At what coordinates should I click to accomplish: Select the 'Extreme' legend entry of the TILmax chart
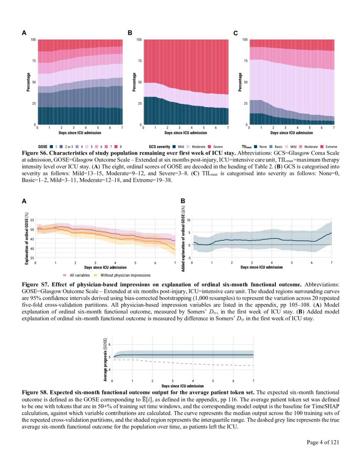pos(329,146)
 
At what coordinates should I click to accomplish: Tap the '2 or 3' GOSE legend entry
pos(67,146)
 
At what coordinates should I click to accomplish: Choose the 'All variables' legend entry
pos(77,275)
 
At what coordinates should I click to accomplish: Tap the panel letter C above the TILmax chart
pos(236,33)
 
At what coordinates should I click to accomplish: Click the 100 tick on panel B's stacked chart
pos(138,40)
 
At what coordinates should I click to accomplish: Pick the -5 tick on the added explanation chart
pos(189,258)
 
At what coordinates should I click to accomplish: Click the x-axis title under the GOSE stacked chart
pos(80,133)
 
